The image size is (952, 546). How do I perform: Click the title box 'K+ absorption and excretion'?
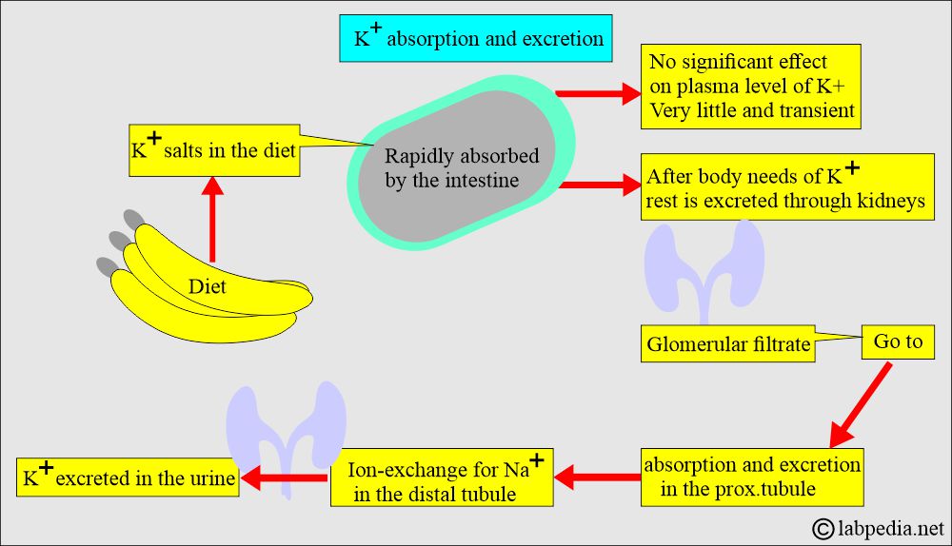(475, 39)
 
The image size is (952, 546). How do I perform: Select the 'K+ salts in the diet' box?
(213, 150)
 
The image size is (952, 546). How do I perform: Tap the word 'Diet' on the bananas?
(207, 285)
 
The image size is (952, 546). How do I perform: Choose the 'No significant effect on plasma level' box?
(751, 88)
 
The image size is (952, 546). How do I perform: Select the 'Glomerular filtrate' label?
(728, 344)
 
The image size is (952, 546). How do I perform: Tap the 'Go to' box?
(898, 341)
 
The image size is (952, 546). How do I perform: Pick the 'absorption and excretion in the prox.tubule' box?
(752, 476)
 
